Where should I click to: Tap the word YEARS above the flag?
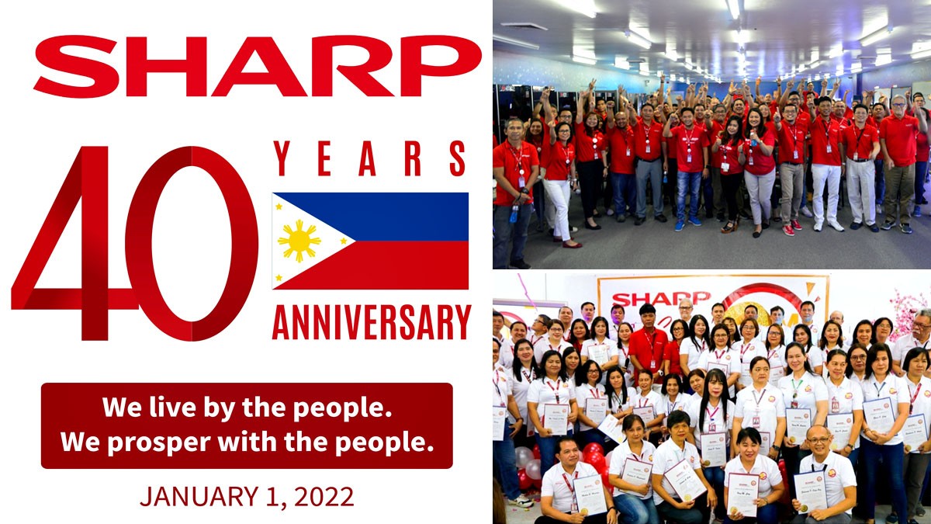371,159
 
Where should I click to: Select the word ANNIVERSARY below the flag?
371,322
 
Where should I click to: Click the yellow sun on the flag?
299,241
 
